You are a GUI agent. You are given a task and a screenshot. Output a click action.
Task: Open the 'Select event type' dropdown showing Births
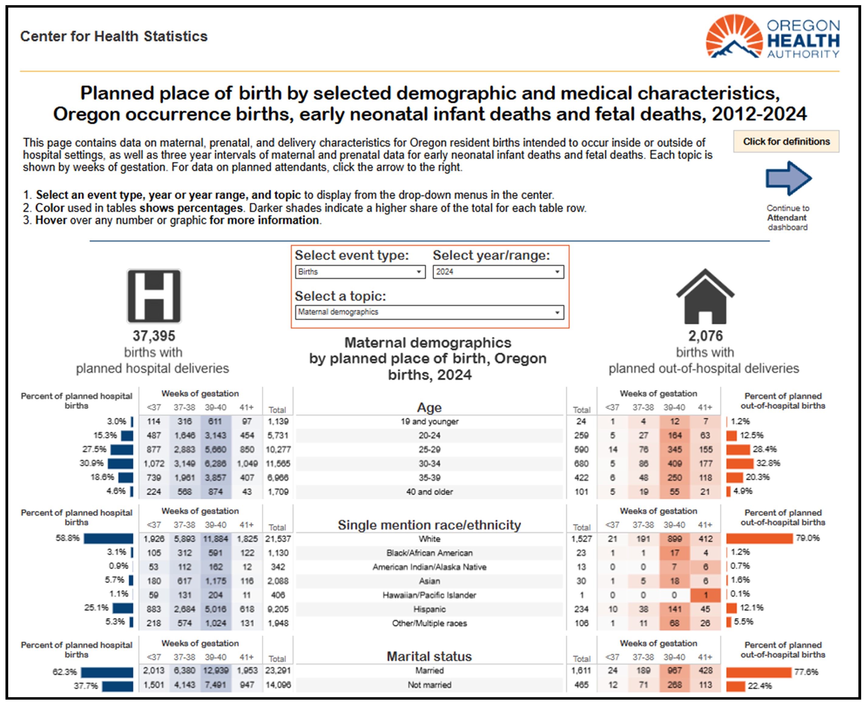point(360,272)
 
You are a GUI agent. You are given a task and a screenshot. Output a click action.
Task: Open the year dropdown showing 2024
point(498,272)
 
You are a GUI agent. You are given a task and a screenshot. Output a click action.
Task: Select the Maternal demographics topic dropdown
point(429,312)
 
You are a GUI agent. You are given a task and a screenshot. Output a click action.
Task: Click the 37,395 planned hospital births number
point(154,336)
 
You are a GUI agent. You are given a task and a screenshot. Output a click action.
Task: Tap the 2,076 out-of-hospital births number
point(705,336)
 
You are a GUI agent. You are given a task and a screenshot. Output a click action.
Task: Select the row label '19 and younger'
point(429,422)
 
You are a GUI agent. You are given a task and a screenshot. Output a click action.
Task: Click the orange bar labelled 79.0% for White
point(759,538)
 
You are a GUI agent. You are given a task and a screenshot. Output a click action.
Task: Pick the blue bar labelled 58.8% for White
point(109,538)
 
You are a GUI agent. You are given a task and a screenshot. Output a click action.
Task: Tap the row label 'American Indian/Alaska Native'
point(429,567)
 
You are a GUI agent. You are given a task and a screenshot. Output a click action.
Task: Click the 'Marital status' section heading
point(429,657)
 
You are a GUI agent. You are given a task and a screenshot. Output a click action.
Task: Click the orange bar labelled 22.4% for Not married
point(736,686)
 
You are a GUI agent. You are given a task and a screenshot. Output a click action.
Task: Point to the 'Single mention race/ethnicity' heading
point(429,525)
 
